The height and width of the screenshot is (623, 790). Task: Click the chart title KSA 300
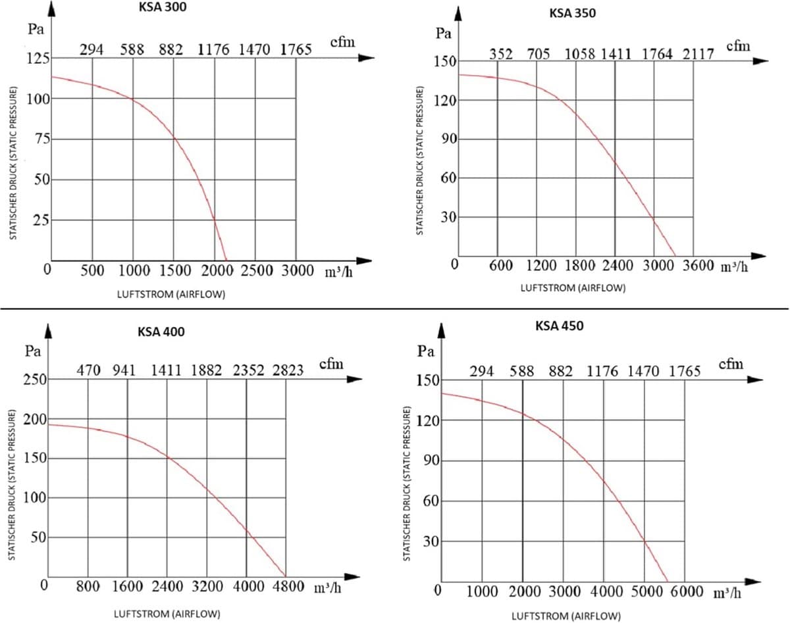click(162, 7)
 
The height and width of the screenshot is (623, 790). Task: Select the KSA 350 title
click(572, 13)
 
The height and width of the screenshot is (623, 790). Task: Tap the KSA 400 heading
click(161, 332)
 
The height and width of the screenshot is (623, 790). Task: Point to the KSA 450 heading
click(559, 326)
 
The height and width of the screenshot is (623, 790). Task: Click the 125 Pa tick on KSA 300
click(38, 58)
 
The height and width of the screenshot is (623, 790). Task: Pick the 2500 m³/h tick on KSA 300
click(257, 270)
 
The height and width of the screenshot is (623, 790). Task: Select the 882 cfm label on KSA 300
click(171, 49)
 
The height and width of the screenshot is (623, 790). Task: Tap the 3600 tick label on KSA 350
click(698, 265)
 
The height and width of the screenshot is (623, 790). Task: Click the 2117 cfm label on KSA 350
click(698, 55)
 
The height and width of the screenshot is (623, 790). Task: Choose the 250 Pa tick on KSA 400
click(36, 379)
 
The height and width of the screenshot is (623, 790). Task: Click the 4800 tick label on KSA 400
click(288, 586)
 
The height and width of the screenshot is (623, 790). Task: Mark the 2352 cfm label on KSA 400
click(249, 370)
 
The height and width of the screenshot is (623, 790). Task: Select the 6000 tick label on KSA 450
click(687, 591)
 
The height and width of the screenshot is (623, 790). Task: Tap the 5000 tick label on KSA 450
click(647, 591)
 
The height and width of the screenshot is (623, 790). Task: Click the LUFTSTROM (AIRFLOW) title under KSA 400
click(167, 614)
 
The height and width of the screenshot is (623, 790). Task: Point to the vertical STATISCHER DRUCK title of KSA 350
click(419, 161)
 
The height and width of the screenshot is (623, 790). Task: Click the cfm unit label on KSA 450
click(731, 364)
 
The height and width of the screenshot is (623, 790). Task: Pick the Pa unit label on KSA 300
click(36, 29)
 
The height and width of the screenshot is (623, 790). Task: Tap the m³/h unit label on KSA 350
click(734, 266)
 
